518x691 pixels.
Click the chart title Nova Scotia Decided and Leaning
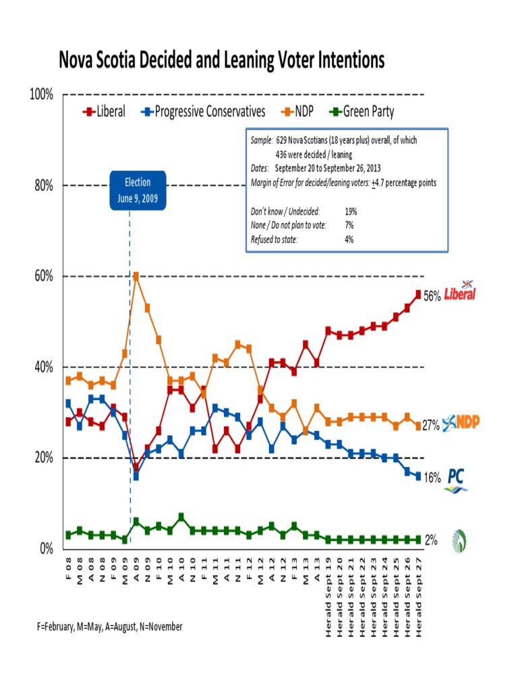(x=222, y=61)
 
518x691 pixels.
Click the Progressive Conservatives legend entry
(x=203, y=112)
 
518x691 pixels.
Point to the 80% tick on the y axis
(x=42, y=186)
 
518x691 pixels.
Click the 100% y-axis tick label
(x=40, y=94)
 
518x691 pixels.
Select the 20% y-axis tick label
(x=42, y=458)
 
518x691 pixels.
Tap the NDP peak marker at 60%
(x=136, y=276)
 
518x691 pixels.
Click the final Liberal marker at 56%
(x=418, y=294)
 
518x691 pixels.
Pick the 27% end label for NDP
(x=432, y=426)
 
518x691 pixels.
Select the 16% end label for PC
(x=432, y=477)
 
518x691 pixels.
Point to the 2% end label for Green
(x=430, y=540)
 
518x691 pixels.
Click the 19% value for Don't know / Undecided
(x=350, y=211)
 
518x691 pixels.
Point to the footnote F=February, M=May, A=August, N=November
(x=110, y=627)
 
